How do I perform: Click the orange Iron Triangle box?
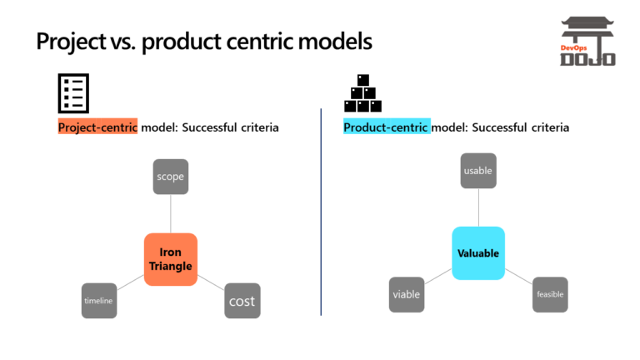(170, 259)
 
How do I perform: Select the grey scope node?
(170, 177)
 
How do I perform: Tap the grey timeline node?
(98, 300)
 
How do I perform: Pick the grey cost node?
(242, 300)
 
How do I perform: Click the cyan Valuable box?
(478, 252)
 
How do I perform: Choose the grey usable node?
(478, 171)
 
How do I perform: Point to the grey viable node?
(407, 294)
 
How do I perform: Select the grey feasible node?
(550, 294)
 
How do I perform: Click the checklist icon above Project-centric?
(72, 93)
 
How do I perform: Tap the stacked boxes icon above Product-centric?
(362, 94)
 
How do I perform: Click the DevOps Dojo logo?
(587, 42)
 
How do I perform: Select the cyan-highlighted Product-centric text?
(387, 127)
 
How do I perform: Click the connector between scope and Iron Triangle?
(170, 213)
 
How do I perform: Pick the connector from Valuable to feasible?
(518, 276)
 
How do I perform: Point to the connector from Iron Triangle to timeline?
(130, 282)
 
